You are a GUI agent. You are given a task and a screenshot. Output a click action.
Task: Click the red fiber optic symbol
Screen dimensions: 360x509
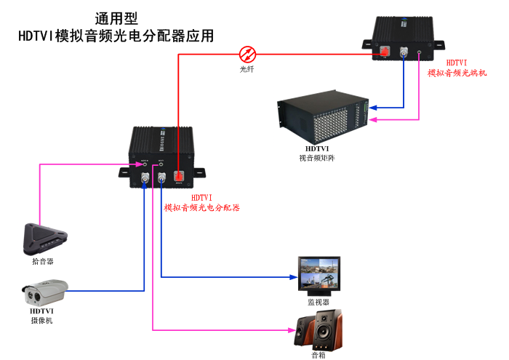tap(248, 53)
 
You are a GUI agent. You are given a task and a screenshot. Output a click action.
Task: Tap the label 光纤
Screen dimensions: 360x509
tap(248, 69)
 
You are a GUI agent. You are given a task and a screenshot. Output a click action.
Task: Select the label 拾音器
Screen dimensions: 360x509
tap(43, 260)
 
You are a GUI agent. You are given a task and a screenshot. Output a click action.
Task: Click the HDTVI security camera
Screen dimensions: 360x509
tap(44, 292)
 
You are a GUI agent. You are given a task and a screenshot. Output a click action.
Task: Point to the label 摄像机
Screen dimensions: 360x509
tap(41, 320)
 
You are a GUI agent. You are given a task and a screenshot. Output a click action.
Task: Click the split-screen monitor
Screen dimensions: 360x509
tap(318, 275)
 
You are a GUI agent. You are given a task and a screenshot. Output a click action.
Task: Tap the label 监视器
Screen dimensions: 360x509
tap(318, 302)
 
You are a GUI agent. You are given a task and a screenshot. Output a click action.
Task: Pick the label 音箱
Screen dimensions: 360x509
tap(318, 356)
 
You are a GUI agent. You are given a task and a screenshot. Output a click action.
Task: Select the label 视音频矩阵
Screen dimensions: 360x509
tap(317, 157)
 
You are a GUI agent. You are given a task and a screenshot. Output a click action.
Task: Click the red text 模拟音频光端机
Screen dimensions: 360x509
tap(457, 73)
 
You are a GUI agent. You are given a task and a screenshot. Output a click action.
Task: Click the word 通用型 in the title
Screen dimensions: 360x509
tap(117, 18)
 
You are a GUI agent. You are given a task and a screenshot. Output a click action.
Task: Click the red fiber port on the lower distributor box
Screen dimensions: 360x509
tap(178, 177)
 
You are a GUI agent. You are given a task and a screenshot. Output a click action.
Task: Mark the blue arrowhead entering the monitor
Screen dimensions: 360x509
tap(293, 277)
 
